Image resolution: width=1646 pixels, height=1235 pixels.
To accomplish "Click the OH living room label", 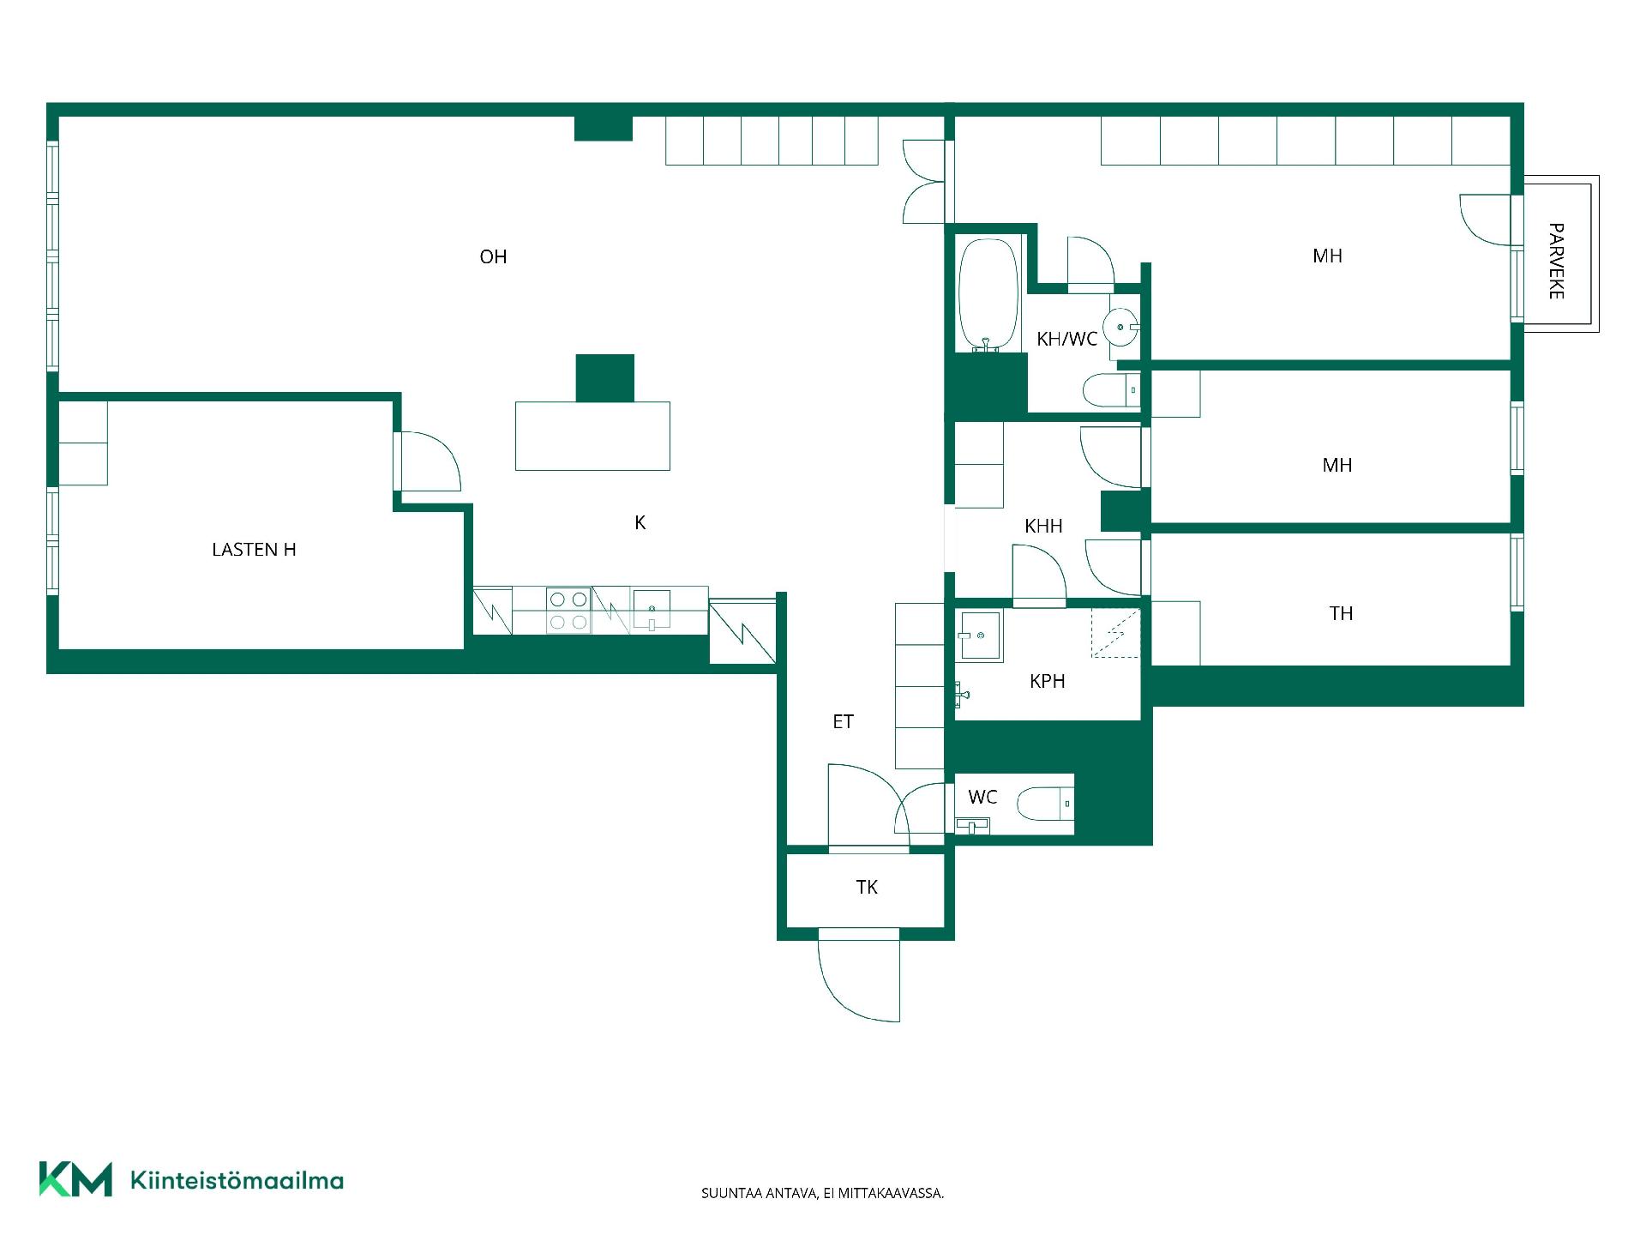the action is tap(493, 256).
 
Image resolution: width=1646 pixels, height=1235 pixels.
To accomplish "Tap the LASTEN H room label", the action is tap(254, 550).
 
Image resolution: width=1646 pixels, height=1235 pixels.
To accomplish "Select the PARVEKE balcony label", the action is tap(1556, 261).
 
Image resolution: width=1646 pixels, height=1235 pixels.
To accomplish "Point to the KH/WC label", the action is tap(1066, 339).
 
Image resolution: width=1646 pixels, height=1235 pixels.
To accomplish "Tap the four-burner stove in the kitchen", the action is tap(568, 611).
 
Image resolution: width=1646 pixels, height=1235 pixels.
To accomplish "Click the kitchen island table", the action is tap(592, 436).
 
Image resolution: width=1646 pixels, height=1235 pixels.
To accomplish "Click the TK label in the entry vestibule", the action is tap(867, 887).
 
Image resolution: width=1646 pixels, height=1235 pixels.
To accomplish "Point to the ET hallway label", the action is tap(843, 722).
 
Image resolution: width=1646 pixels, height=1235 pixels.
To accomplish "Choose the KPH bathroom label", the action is tap(1047, 681).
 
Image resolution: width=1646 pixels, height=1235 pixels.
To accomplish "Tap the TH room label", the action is tap(1341, 613).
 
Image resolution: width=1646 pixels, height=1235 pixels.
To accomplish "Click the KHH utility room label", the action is tap(1043, 526).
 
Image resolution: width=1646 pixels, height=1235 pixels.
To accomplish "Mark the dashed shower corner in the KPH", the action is tap(1115, 633).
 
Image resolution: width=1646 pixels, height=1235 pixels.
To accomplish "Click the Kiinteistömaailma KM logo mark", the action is tap(75, 1179).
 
